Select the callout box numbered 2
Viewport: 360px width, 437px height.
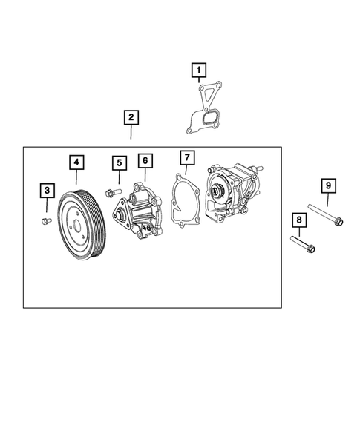130,117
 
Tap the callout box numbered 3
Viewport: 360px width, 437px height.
46,191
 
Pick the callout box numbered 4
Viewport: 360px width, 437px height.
76,161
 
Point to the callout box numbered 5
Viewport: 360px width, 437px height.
118,162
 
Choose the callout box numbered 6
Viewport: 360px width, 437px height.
145,160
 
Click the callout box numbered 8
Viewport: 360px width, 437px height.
298,220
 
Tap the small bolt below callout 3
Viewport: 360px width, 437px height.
45,220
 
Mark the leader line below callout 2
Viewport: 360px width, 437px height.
130,133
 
